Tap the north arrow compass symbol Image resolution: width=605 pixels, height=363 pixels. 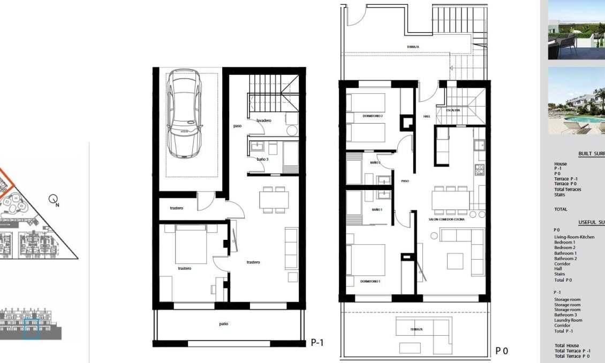[54, 200]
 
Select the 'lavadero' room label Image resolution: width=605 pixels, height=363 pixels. [263, 120]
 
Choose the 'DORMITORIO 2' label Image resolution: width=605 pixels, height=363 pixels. [372, 116]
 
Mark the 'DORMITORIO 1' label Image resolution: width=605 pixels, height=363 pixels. [370, 281]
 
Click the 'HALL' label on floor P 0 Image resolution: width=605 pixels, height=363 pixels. [426, 116]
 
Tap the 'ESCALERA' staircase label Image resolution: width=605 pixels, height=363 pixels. [452, 110]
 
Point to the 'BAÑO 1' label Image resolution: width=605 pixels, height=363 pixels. [376, 209]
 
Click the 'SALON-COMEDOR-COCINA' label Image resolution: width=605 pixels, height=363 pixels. [447, 220]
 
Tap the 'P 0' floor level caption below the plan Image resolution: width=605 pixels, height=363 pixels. [501, 351]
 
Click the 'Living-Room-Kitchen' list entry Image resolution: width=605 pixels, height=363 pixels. [574, 237]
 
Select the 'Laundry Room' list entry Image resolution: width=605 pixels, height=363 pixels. [569, 320]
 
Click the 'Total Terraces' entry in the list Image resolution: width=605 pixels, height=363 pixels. [568, 189]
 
